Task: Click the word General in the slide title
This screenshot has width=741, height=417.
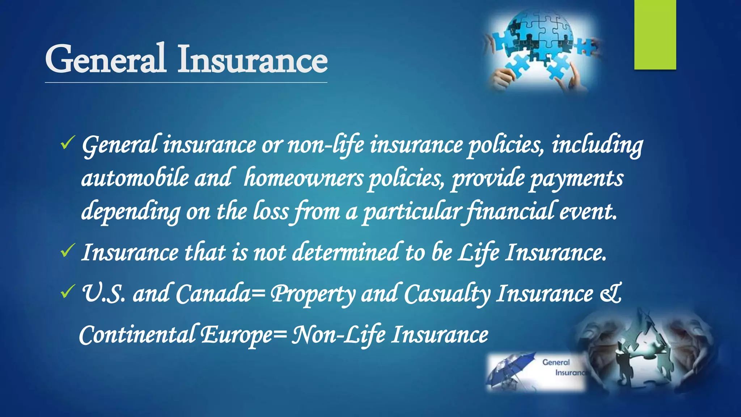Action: (105, 59)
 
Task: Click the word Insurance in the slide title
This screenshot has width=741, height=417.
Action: (252, 59)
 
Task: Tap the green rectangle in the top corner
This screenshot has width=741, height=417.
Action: (655, 34)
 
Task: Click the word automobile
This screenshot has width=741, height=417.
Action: (135, 178)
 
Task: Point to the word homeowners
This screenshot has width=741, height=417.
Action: (303, 178)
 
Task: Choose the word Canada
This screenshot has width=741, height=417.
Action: (213, 294)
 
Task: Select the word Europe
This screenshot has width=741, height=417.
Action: (237, 335)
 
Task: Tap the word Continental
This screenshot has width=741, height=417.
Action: (137, 334)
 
